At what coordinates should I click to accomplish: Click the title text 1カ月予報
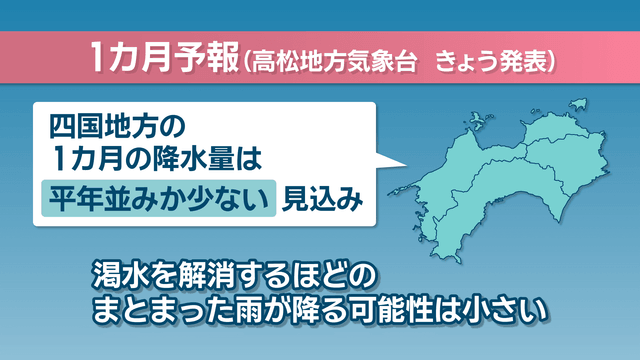coord(164,58)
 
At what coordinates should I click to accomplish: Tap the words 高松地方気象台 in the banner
coord(334,62)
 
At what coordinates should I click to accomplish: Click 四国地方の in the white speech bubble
coord(118,127)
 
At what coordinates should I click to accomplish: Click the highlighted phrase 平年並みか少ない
coord(159,198)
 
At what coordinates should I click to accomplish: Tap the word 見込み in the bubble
coord(322,199)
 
